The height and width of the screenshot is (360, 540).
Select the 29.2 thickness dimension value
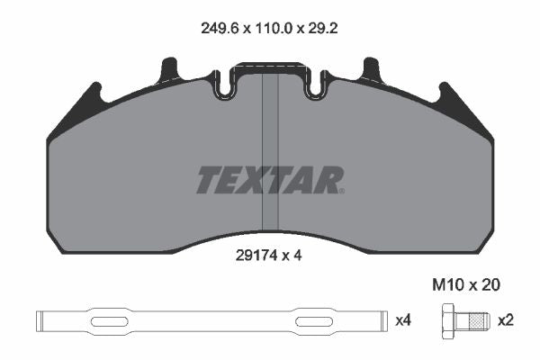pos(323,29)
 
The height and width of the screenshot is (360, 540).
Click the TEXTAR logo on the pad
pos(270,180)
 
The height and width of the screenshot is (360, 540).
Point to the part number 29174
pos(256,256)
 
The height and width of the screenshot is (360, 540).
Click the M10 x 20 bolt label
pos(466,285)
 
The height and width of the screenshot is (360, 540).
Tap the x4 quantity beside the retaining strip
pos(403,320)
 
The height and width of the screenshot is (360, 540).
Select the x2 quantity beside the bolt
pos(506,320)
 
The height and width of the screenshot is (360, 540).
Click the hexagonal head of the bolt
pos(448,321)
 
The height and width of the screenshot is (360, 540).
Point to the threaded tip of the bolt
pos(480,321)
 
